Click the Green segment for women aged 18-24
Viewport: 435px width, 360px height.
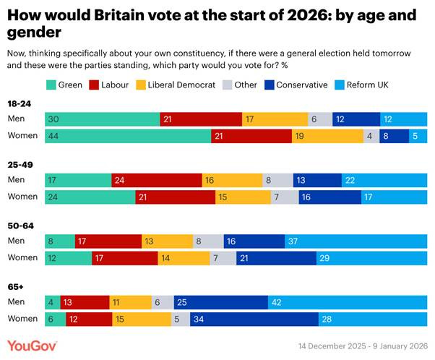[128, 135]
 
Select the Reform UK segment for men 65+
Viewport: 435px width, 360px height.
[347, 301]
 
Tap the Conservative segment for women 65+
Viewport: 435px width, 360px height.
[254, 319]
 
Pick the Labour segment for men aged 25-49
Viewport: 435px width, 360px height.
[157, 180]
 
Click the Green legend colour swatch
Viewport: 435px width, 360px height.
[51, 85]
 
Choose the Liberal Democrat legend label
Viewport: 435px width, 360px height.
[181, 85]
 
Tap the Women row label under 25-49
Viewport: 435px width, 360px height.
[22, 197]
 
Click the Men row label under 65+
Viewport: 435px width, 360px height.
[16, 301]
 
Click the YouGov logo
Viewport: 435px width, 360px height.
[32, 345]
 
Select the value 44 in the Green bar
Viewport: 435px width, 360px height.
[52, 135]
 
